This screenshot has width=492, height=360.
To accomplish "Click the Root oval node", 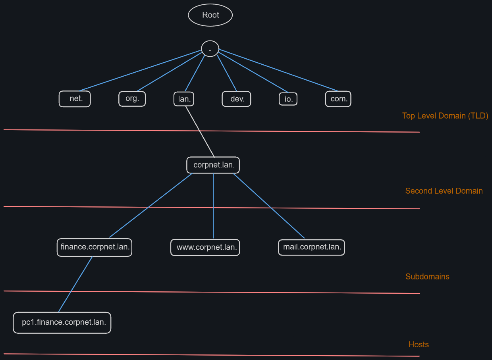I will pos(210,15).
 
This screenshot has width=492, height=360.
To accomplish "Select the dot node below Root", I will pos(210,49).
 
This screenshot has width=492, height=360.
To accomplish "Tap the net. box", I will pos(75,99).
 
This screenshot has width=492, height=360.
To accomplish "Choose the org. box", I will pos(132,99).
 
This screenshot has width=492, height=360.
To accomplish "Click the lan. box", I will pos(184,99).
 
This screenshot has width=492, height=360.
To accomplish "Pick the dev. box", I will pos(236,99).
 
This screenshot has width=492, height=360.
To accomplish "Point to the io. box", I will pos(288,99).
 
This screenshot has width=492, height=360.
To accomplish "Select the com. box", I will pos(338,99).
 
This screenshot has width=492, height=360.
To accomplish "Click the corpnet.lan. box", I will pos(213,165).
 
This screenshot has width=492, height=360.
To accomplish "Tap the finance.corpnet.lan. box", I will pos(94,247).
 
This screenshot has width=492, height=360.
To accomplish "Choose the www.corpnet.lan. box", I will pos(205,248).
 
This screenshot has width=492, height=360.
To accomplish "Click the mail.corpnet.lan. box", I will pos(311,247).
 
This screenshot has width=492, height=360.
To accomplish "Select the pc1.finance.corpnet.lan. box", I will pos(62,322).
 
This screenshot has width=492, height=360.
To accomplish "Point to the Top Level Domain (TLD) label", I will pos(445,116).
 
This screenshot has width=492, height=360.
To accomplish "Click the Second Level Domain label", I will pos(444,191).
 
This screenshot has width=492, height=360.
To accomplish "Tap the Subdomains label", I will pos(427,277).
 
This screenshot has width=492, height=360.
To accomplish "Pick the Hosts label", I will pos(418,345).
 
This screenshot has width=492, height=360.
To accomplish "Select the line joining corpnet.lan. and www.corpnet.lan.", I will pos(213,206).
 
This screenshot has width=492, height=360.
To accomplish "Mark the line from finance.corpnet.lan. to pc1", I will pos(75,284).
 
